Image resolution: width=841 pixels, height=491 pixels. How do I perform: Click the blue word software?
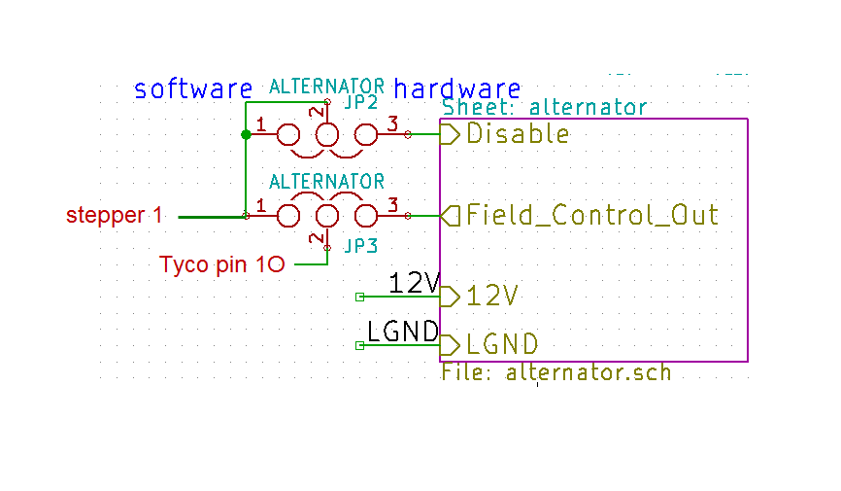click(x=192, y=89)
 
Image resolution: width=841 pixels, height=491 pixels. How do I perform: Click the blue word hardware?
click(x=457, y=89)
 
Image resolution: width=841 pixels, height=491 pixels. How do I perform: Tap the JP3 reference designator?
click(x=359, y=246)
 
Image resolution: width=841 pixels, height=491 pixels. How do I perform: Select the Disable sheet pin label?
click(x=518, y=134)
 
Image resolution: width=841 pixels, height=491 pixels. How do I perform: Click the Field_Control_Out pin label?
click(x=592, y=215)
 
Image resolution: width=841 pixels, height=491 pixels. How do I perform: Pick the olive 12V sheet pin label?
click(x=491, y=296)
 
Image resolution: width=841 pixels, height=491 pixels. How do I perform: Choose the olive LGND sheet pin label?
click(x=502, y=345)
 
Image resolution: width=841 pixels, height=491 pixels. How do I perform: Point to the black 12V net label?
click(x=414, y=283)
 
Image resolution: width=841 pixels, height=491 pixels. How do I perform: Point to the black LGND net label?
click(x=403, y=333)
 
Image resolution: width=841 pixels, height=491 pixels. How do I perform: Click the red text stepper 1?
click(x=115, y=216)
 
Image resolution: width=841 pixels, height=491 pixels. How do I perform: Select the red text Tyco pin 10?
click(x=221, y=264)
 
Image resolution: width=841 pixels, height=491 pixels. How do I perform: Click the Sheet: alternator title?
click(x=544, y=108)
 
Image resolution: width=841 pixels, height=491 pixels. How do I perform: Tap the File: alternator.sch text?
click(x=555, y=372)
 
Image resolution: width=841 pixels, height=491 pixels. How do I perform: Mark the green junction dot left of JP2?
click(x=246, y=135)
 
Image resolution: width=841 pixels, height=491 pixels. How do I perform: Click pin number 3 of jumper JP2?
click(x=392, y=124)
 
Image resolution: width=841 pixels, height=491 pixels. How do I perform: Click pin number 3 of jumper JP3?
click(x=392, y=205)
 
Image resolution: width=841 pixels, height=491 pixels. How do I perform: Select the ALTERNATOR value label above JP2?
click(x=326, y=86)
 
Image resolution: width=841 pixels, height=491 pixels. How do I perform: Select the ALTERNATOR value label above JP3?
click(x=326, y=182)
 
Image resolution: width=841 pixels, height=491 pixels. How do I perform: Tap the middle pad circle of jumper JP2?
click(x=327, y=135)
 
